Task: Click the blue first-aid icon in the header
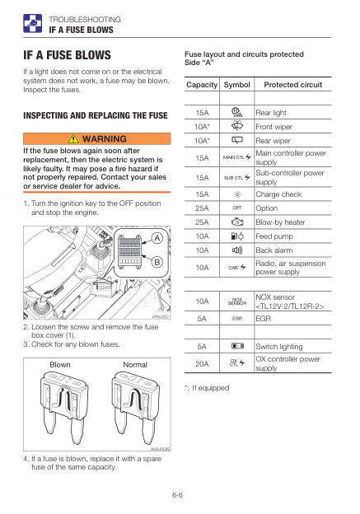(x=32, y=23)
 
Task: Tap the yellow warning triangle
(x=73, y=138)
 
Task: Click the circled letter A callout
(x=157, y=238)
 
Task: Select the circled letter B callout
(x=157, y=262)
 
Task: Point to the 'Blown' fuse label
(x=60, y=365)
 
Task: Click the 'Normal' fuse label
(x=135, y=365)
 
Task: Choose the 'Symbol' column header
(x=236, y=85)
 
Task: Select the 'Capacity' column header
(x=202, y=85)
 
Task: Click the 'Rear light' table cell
(x=271, y=113)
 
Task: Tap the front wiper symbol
(x=237, y=126)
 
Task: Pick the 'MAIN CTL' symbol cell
(x=237, y=157)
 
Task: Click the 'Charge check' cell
(x=278, y=194)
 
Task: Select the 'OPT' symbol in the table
(x=237, y=208)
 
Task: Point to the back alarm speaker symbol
(x=237, y=250)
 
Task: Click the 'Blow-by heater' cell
(x=280, y=222)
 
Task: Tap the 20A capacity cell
(x=202, y=363)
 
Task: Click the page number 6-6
(x=177, y=495)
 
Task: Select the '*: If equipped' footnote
(x=207, y=388)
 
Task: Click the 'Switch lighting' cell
(x=279, y=347)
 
